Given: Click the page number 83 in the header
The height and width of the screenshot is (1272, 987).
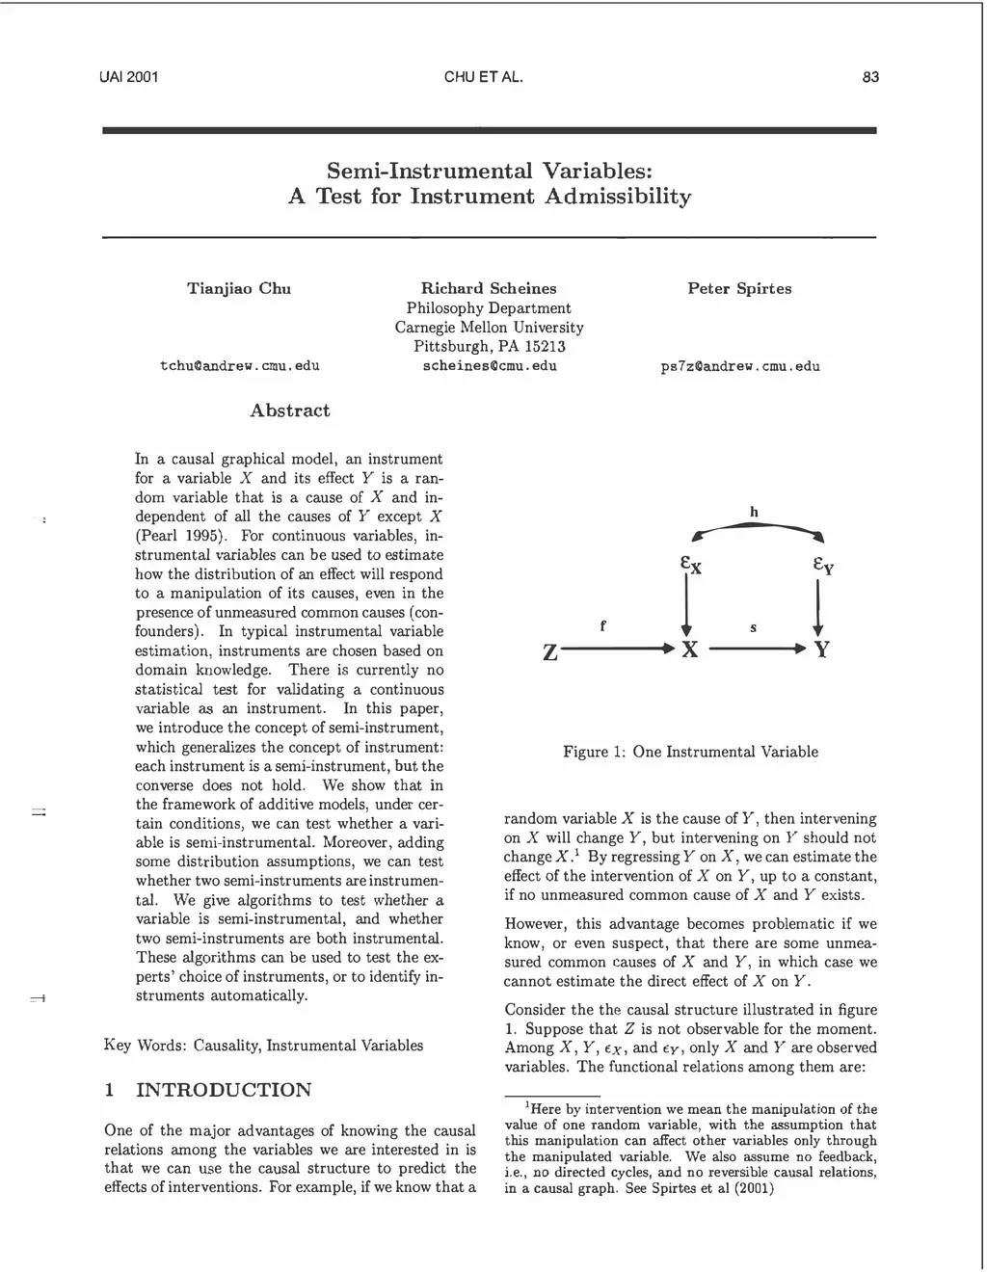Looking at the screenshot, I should point(870,77).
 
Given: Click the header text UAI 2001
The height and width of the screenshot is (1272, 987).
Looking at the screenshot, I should point(128,77).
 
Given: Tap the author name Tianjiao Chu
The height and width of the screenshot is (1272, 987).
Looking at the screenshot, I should point(238,288).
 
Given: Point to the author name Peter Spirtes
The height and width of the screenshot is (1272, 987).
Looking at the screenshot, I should point(739,288).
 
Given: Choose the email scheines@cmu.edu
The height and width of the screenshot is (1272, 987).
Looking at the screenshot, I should point(490,366).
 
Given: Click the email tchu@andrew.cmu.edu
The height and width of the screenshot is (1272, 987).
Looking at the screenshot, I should point(239,366).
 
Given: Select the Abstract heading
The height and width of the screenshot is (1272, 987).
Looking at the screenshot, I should point(289,411).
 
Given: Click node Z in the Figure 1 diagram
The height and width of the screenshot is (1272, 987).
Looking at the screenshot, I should point(549,652).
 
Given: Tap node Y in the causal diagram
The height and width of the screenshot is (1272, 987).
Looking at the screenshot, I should point(821,650).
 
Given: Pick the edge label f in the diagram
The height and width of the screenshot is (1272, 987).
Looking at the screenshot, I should point(602,625).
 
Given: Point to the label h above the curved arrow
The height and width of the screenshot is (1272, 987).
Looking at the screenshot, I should point(754,512).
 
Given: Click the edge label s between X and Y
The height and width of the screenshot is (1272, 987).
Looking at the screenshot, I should point(753,628).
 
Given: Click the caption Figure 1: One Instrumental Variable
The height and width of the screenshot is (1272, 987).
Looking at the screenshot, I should point(690,752).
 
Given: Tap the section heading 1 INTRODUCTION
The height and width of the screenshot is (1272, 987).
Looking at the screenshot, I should point(207,1090).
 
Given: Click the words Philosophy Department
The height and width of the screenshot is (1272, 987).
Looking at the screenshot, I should point(489,308).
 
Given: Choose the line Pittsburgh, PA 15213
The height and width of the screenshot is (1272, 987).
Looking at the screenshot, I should point(489,347).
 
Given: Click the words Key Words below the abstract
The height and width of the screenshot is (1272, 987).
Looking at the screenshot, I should point(144,1045).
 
